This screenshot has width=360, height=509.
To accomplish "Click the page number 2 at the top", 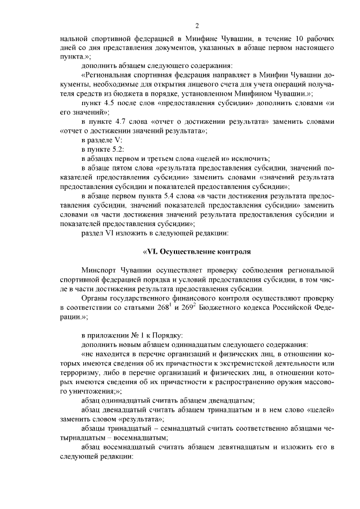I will tap(197, 25).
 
